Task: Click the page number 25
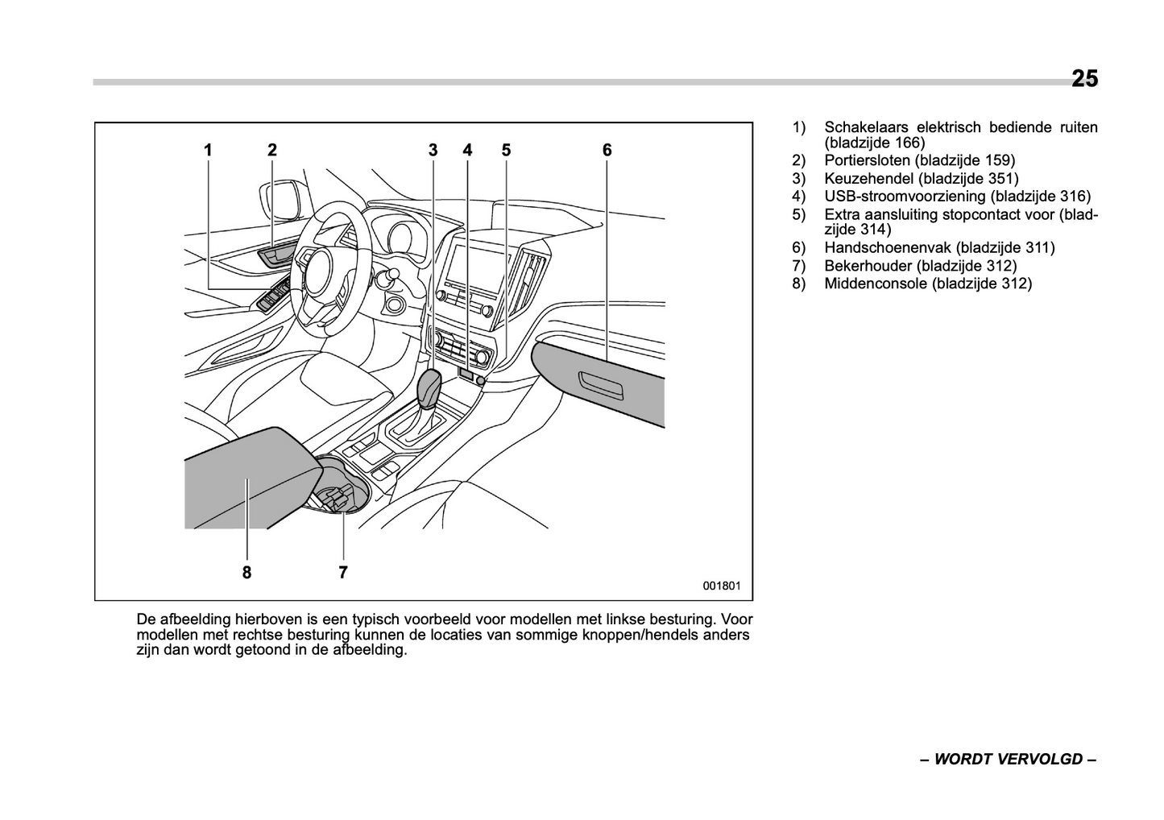1084,79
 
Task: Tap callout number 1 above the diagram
208,150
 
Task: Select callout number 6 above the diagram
607,150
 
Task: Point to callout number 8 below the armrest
246,573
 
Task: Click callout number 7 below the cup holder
343,573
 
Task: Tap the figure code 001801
721,586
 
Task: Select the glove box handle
600,385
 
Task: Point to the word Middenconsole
876,284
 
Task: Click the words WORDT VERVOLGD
1008,760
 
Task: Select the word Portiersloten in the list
867,161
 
